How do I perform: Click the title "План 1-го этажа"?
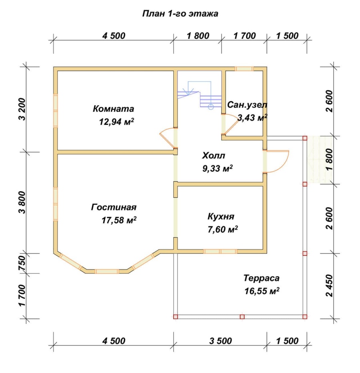pos(180,14)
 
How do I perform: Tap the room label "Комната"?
pos(113,109)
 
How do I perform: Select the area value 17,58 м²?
pos(119,220)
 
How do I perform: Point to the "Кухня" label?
pos(221,216)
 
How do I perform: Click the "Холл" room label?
pos(214,156)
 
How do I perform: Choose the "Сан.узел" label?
pos(247,105)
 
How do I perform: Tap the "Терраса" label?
pos(261,278)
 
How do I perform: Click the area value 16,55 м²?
pos(262,291)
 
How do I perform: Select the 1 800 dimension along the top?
pos(198,36)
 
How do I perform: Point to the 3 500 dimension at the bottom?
pos(220,341)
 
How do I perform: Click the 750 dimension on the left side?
pos(22,263)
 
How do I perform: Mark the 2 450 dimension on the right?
pos(329,285)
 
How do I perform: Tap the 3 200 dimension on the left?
pos(22,109)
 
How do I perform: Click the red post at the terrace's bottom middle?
pos(242,317)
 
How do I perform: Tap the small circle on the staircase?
pos(210,107)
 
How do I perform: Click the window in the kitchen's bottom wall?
pos(220,251)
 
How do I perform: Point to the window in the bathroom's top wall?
pos(244,69)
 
